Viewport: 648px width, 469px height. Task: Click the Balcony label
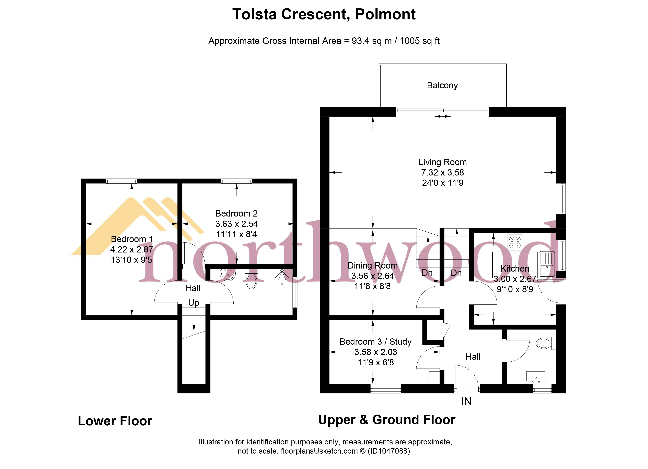point(442,85)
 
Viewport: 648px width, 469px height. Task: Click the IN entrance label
point(466,401)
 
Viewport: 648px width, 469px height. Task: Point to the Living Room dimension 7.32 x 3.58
point(442,172)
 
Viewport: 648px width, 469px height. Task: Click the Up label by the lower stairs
point(193,302)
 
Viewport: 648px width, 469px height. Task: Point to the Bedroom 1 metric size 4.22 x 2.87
point(131,249)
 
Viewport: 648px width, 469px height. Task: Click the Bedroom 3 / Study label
point(375,342)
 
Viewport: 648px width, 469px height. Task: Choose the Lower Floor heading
point(115,421)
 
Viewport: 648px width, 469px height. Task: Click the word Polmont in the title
point(385,14)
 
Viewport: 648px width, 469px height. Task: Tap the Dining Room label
point(372,266)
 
